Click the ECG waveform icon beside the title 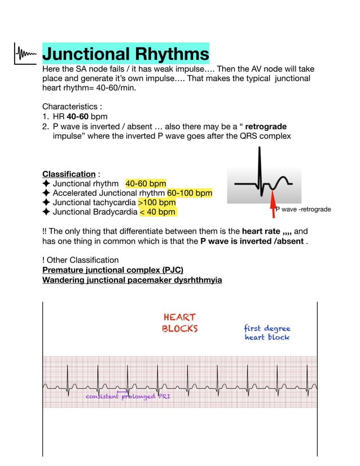26,55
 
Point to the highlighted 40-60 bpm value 146,184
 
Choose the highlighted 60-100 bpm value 190,193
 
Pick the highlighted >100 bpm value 157,203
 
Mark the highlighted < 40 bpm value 157,212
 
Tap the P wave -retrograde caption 303,210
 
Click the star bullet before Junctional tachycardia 46,203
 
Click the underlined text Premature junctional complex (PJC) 113,270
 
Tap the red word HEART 179,318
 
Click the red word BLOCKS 180,328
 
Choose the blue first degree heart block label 267,333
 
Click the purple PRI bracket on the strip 122,391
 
